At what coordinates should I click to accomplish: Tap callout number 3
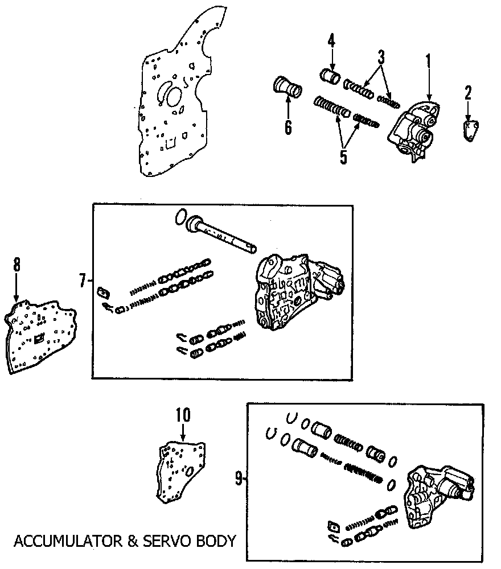click(x=381, y=57)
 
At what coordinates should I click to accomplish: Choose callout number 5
click(x=343, y=155)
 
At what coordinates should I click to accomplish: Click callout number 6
click(x=288, y=126)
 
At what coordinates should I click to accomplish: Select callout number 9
click(x=239, y=480)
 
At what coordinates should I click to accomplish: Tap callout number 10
click(x=183, y=415)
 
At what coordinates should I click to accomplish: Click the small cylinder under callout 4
click(x=330, y=76)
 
